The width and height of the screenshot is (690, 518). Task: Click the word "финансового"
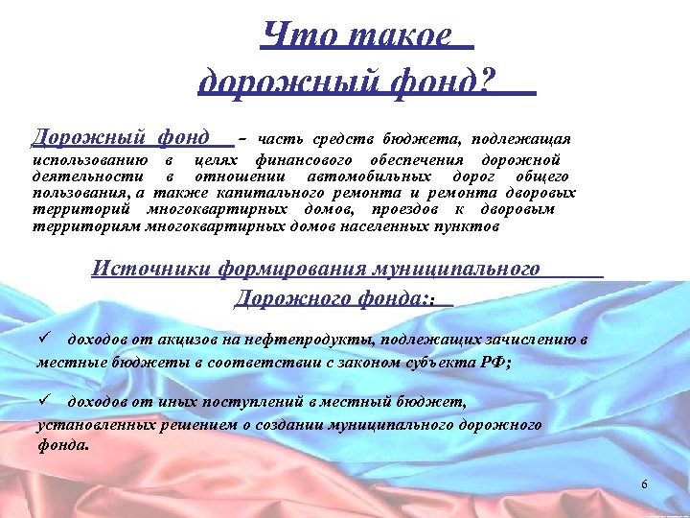point(303,159)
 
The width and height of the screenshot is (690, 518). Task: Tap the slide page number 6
point(644,485)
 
